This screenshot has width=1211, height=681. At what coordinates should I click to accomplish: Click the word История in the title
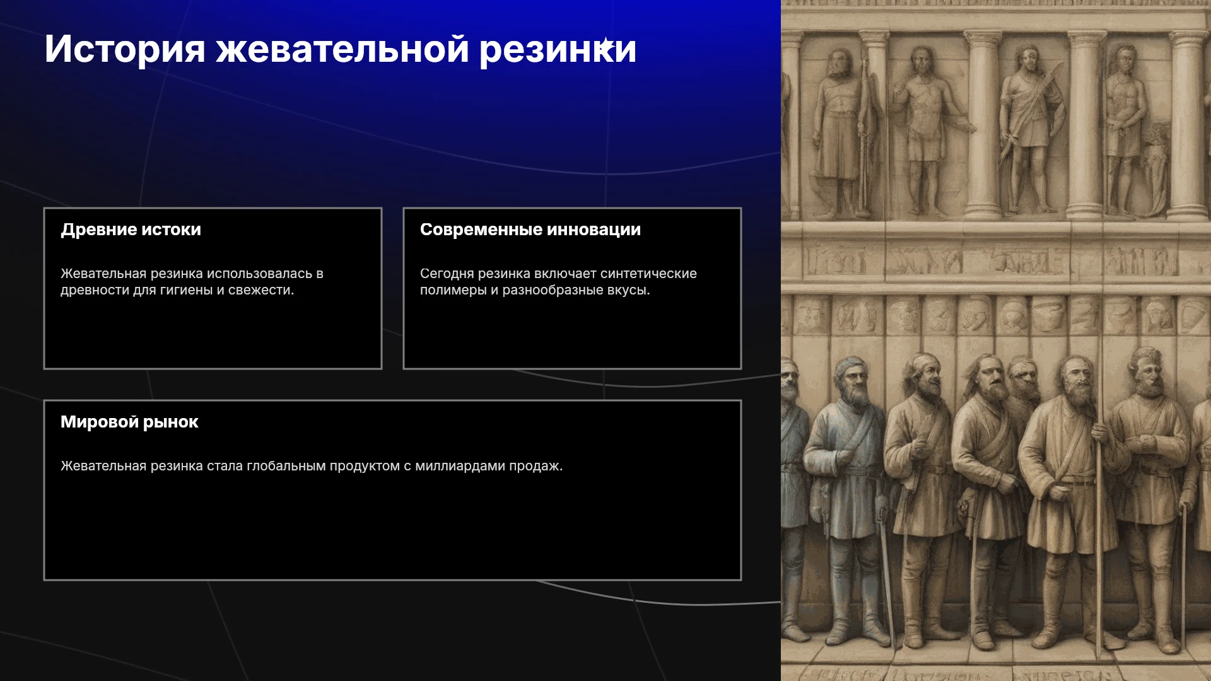coord(125,49)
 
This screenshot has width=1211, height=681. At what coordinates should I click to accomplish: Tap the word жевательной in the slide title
coord(342,49)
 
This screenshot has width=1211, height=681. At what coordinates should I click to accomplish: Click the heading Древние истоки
coord(131,230)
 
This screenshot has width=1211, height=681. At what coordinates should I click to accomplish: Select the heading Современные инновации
coord(530,230)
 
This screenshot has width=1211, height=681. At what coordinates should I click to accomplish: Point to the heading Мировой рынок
coord(129,422)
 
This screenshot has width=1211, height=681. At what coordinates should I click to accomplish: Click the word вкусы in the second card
coord(629,290)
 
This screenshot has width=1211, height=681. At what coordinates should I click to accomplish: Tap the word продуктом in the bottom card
coord(365,466)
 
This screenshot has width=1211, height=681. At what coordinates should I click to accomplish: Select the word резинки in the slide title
coord(558,49)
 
